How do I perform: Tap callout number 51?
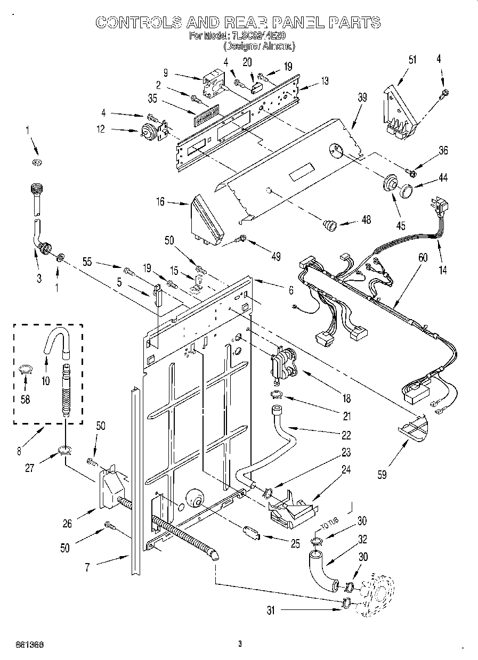[x=397, y=60]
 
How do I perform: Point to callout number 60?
[x=423, y=258]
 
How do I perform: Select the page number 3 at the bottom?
[x=240, y=644]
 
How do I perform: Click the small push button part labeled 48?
[x=331, y=226]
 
